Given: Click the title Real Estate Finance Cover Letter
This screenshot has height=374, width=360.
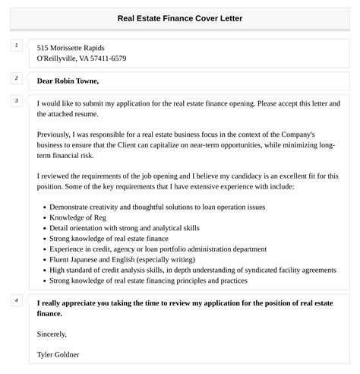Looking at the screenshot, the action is tap(179, 17).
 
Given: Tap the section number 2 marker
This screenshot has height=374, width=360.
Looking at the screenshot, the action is tap(16, 78).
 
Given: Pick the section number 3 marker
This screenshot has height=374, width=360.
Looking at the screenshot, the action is tap(16, 100).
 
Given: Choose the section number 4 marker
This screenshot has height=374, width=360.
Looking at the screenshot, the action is tap(16, 300).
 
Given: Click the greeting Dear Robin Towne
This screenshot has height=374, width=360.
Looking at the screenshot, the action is tap(68, 80).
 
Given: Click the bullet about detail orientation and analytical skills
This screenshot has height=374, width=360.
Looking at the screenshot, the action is tap(125, 227).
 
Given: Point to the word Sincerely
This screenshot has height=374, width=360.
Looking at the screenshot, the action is tap(52, 333).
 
